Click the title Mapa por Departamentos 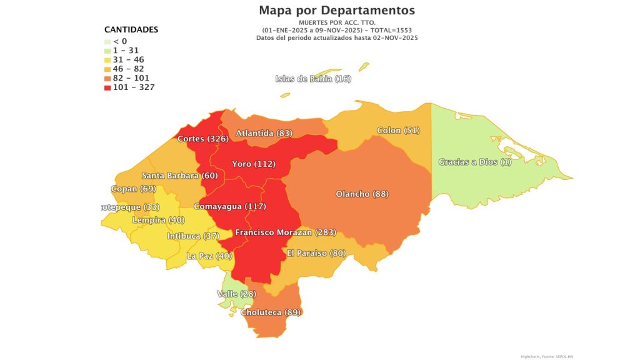(x=336, y=11)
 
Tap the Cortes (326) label (x=202, y=138)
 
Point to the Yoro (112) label (x=253, y=164)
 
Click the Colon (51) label (x=398, y=131)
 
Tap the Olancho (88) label (x=362, y=194)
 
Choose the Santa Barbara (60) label (x=179, y=176)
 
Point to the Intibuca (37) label (x=192, y=236)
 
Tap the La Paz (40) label (x=209, y=256)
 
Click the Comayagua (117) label (x=229, y=206)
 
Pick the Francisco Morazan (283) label (x=285, y=232)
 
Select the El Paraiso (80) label (x=316, y=253)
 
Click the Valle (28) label (x=236, y=294)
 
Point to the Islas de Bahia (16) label (x=313, y=78)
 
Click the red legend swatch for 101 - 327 (x=108, y=87)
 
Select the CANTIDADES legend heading (x=131, y=29)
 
